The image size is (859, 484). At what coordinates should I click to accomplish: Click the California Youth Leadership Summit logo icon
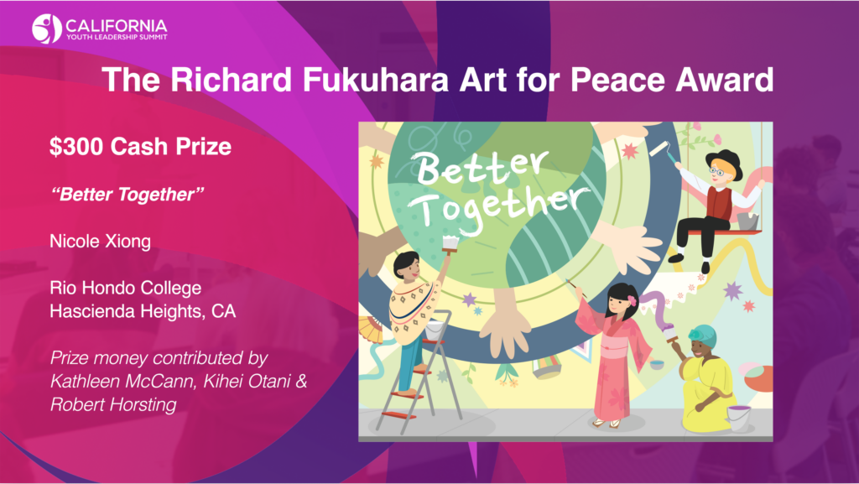tap(46, 29)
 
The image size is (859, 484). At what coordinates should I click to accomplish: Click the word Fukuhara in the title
tap(375, 80)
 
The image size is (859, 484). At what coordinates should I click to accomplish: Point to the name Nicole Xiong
tap(101, 241)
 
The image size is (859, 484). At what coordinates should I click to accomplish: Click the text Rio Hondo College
tap(126, 288)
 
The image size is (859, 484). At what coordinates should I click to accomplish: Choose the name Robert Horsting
tap(113, 404)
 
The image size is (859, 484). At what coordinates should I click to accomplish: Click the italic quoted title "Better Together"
tap(128, 195)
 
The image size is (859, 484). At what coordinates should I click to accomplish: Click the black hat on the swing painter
tap(724, 162)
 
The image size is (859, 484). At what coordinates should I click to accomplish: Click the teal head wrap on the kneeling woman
tap(703, 333)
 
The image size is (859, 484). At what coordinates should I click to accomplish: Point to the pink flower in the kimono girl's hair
tap(633, 300)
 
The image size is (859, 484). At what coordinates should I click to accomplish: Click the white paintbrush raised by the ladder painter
tap(450, 244)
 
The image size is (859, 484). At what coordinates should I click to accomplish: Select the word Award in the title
tap(724, 80)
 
